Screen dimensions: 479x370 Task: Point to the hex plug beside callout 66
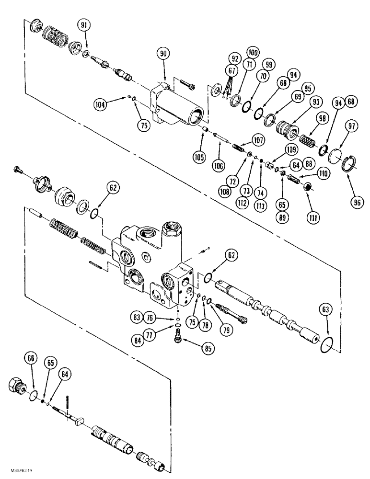(x=18, y=385)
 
